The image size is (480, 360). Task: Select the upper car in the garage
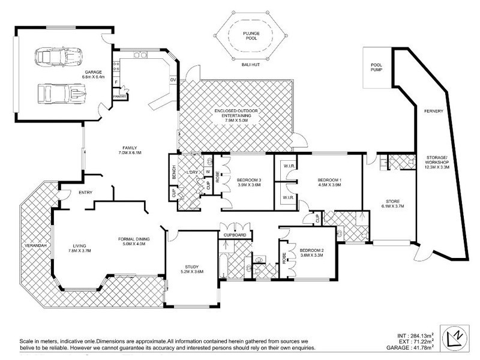click(x=59, y=57)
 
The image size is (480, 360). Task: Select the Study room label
click(x=191, y=269)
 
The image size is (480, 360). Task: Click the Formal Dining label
click(x=134, y=242)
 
